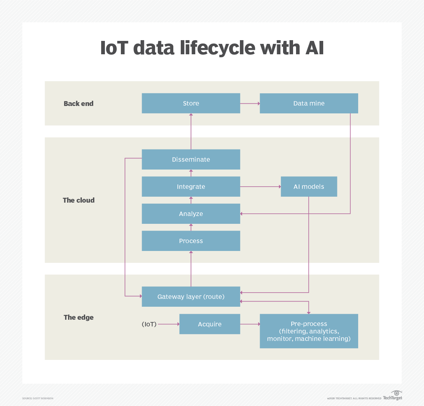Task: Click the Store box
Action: [191, 103]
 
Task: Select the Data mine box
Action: [309, 103]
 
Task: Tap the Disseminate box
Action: [191, 159]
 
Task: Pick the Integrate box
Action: [191, 187]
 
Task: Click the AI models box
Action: [309, 187]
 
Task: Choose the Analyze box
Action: [191, 214]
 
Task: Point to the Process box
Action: [191, 241]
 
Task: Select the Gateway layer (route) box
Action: [191, 297]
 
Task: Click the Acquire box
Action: [210, 324]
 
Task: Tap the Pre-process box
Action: [309, 331]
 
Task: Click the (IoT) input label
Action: [149, 324]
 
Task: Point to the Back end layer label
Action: [78, 104]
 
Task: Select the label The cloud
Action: [78, 200]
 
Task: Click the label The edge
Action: [78, 317]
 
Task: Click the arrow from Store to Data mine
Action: [250, 103]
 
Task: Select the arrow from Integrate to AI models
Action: [260, 187]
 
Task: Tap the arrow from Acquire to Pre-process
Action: [250, 324]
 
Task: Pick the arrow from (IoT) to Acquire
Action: [168, 324]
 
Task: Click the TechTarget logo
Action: [393, 396]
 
